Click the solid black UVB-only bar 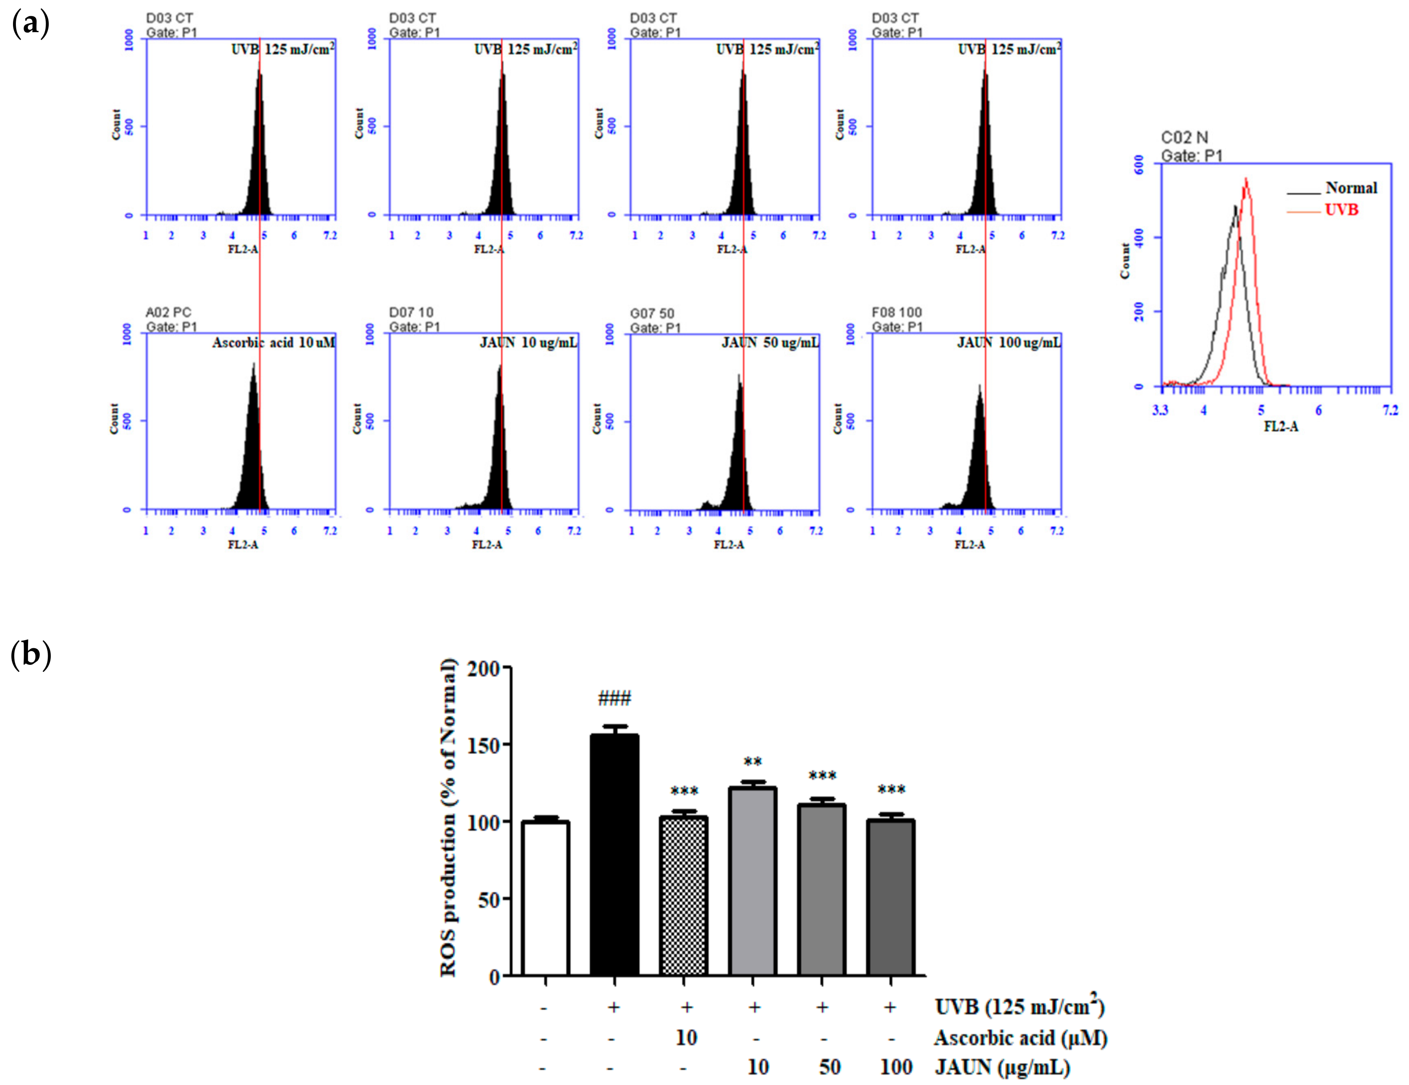click(614, 855)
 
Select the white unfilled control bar click(545, 898)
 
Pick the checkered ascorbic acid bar click(683, 895)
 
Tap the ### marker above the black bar click(614, 698)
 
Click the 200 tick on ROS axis click(484, 668)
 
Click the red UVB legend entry click(1341, 210)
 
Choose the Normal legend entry click(1351, 188)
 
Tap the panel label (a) click(31, 24)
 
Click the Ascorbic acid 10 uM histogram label click(273, 342)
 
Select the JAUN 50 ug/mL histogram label click(770, 342)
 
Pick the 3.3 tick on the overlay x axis click(1160, 410)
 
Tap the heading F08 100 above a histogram click(897, 312)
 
